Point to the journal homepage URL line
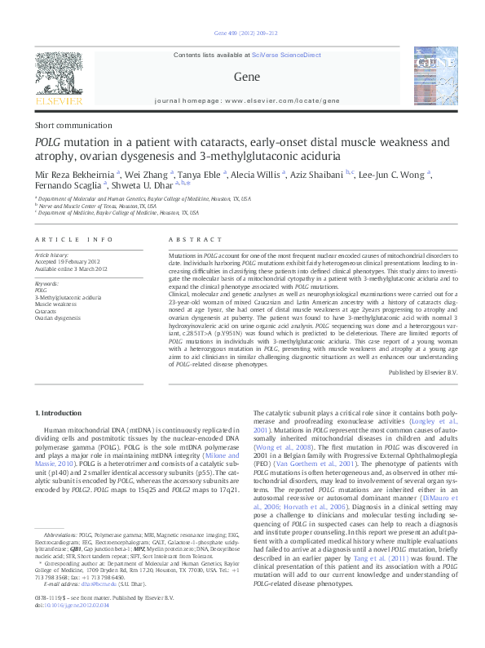(x=242, y=101)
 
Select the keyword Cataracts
(x=46, y=311)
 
